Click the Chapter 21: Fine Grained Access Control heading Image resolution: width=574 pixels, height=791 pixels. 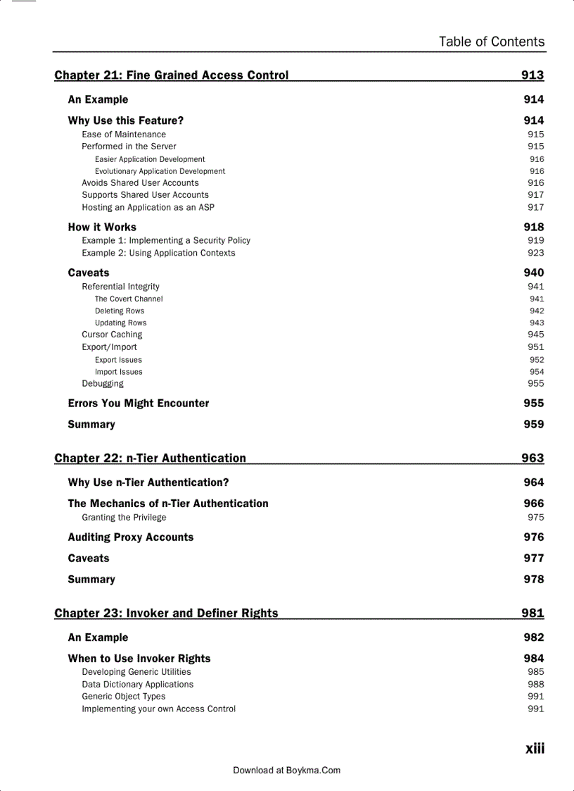pos(171,75)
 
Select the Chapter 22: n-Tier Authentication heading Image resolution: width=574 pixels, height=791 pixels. pos(150,459)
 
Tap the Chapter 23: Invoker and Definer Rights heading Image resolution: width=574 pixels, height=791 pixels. pos(166,614)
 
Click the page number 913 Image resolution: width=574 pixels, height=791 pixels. pos(532,75)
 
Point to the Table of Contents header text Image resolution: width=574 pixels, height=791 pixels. pos(491,42)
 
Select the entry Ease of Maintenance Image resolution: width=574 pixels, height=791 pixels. pos(124,135)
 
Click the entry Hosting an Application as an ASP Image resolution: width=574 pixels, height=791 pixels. pos(148,208)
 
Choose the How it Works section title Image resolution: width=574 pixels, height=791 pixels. pos(102,228)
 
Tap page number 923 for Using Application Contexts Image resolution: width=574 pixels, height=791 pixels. pos(535,253)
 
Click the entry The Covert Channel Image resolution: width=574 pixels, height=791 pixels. pos(129,299)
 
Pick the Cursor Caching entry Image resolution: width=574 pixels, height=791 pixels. pos(112,335)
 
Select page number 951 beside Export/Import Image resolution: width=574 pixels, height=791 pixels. pos(535,347)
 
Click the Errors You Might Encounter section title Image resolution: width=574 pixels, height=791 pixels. pos(139,404)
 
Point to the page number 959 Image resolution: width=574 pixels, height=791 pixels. pos(533,425)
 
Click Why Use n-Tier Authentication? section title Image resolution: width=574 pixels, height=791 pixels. pos(148,482)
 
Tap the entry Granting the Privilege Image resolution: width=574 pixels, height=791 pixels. pos(124,518)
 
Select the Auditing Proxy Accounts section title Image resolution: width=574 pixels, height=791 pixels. pos(131,537)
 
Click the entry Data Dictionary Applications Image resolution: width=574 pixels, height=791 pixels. pos(137,685)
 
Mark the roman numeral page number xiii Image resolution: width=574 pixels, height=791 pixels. pos(535,749)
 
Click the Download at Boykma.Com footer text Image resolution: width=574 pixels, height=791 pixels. pos(286,771)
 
